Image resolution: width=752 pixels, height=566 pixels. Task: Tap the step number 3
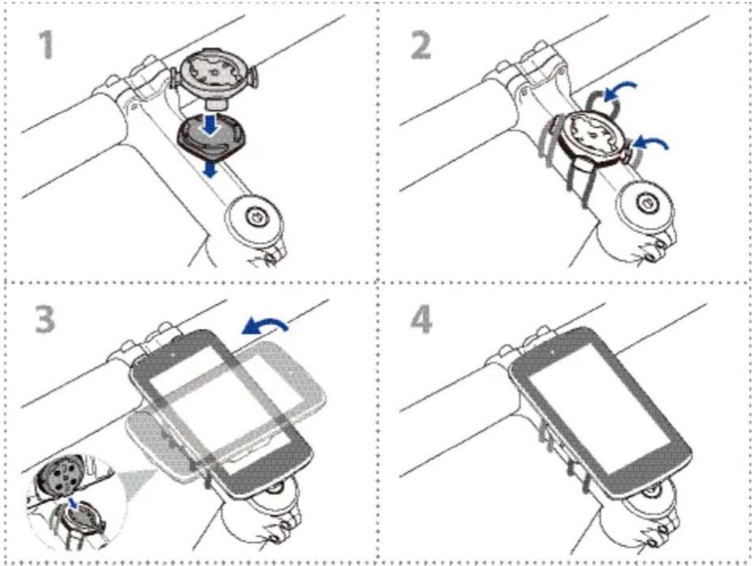(45, 320)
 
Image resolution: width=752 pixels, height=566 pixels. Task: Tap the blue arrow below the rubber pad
(210, 170)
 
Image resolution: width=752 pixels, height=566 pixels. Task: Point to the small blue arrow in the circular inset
(72, 503)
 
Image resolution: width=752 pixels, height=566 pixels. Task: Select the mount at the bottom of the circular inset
(82, 521)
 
